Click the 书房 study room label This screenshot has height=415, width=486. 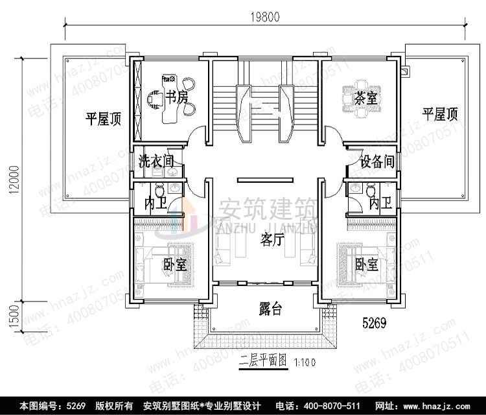click(x=175, y=98)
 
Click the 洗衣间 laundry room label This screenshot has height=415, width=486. click(x=156, y=161)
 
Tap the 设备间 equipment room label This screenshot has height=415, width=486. click(x=377, y=162)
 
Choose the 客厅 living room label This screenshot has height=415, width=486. click(x=273, y=240)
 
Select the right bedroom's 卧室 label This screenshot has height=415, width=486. click(x=367, y=265)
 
